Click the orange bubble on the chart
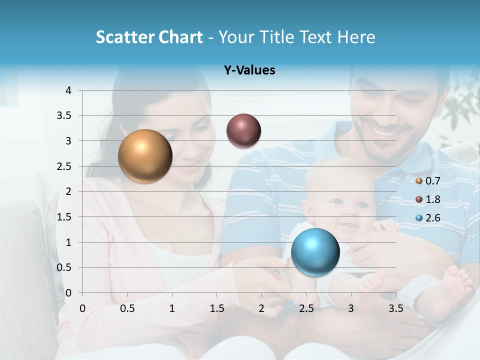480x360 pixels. tap(145, 156)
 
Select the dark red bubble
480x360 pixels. tap(243, 130)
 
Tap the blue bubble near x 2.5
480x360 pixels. tap(315, 251)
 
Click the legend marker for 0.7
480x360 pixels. tap(418, 181)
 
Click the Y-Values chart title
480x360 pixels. tap(249, 70)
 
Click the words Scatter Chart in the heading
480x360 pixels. tap(149, 37)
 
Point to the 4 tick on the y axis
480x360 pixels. tap(68, 90)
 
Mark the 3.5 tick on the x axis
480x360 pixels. tap(395, 308)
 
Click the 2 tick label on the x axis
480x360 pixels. tap(261, 308)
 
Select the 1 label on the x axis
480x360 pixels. tap(172, 308)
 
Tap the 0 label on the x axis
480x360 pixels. tap(82, 308)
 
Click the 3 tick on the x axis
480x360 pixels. tap(351, 308)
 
